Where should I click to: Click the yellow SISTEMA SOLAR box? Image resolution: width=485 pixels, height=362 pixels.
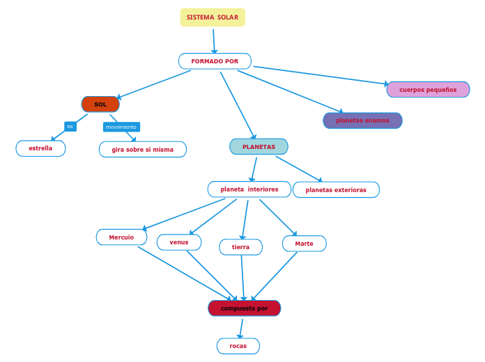click(x=213, y=17)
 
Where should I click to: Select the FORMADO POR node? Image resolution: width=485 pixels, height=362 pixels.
click(x=215, y=61)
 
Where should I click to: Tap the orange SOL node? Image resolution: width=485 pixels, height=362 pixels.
click(x=100, y=104)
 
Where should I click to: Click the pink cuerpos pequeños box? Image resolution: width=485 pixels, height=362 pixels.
click(x=428, y=90)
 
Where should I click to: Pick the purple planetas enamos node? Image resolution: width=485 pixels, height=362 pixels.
click(x=362, y=120)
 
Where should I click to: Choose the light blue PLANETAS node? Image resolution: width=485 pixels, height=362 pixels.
click(x=259, y=147)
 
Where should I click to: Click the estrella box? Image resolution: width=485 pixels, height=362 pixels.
click(x=40, y=148)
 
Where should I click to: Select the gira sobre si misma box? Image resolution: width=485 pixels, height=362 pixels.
click(x=142, y=150)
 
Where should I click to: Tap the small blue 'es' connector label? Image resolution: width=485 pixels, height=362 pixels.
click(x=70, y=126)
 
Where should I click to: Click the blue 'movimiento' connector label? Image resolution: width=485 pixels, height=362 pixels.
click(x=121, y=127)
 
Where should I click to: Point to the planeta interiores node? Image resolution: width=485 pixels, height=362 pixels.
click(x=249, y=189)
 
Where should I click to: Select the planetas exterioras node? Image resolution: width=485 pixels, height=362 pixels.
click(x=336, y=190)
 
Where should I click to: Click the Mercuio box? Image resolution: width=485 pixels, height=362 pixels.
click(x=121, y=237)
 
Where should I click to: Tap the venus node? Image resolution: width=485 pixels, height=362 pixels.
click(x=179, y=242)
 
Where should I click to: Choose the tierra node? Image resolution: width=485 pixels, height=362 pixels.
click(x=240, y=247)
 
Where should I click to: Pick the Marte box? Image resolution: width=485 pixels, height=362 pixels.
click(x=304, y=244)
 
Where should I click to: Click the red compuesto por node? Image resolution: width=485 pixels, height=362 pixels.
click(x=244, y=308)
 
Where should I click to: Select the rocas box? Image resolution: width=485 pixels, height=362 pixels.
click(x=238, y=346)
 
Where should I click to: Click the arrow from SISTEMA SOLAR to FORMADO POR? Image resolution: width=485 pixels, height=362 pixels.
click(x=214, y=40)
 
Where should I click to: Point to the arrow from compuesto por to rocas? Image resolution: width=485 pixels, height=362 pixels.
click(x=241, y=327)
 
